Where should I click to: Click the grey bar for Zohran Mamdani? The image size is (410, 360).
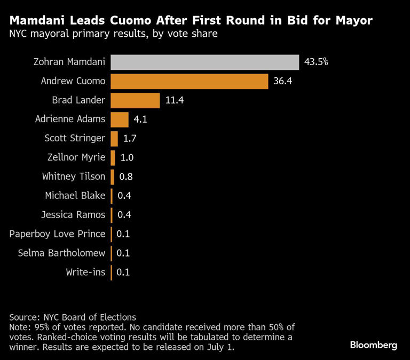(204, 62)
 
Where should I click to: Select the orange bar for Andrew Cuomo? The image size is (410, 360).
(189, 82)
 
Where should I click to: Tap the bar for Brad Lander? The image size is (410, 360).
(135, 100)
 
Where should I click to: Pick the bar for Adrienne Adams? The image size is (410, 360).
(120, 119)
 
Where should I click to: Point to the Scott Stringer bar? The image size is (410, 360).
(114, 139)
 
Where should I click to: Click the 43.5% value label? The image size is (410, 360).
(316, 62)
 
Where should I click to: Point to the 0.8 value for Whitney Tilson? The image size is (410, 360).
(127, 177)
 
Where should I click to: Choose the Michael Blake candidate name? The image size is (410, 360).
(76, 196)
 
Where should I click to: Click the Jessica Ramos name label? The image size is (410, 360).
(73, 215)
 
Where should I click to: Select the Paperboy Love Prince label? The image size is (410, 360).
(58, 234)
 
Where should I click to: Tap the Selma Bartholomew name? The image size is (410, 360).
(61, 253)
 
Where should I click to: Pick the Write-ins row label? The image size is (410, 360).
(85, 272)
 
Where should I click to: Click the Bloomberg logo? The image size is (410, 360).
(373, 345)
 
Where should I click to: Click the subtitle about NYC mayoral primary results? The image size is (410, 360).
(113, 35)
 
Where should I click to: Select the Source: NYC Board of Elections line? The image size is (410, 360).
(73, 317)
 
